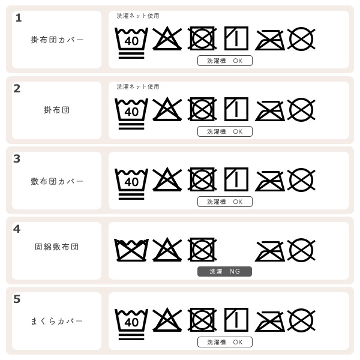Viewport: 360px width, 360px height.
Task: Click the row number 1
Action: click(19, 18)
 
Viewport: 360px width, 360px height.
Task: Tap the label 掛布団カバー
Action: click(57, 40)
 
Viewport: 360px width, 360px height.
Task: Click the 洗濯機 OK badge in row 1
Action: click(225, 61)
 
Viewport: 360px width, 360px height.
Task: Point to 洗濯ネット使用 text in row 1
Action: click(138, 16)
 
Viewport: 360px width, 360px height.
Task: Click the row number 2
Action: click(17, 89)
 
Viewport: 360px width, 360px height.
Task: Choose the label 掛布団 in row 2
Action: click(57, 110)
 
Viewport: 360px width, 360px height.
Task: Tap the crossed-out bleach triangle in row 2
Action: click(167, 109)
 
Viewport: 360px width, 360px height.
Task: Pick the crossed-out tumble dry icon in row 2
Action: click(202, 109)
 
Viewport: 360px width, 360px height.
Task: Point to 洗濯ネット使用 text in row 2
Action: click(138, 87)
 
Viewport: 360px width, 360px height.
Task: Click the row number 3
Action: click(17, 159)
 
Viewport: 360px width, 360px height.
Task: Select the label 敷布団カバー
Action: click(57, 181)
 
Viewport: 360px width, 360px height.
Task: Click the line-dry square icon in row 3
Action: click(236, 179)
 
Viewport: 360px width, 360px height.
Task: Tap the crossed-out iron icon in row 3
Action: click(270, 181)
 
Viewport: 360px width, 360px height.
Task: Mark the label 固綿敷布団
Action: click(57, 247)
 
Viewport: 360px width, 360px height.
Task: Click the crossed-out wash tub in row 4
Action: click(131, 250)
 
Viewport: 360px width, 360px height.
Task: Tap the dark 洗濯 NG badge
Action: click(225, 271)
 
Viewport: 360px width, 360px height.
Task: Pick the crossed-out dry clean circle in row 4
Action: click(301, 250)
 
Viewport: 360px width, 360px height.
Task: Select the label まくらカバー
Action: click(57, 321)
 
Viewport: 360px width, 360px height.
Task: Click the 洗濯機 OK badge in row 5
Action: click(225, 342)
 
